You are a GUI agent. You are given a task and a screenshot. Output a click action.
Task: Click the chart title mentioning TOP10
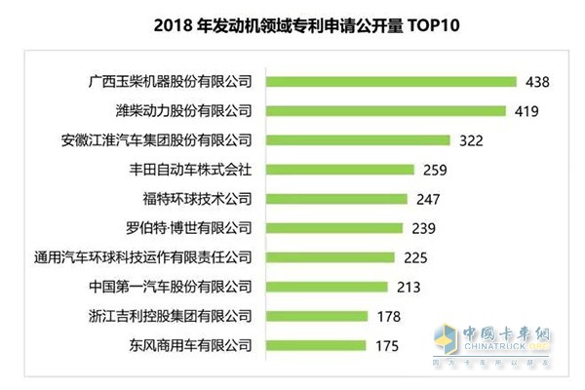pyautogui.click(x=292, y=23)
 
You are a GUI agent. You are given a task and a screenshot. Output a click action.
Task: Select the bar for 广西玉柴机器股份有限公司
pyautogui.click(x=390, y=81)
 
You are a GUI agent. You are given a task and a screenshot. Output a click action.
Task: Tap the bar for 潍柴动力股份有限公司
pyautogui.click(x=385, y=110)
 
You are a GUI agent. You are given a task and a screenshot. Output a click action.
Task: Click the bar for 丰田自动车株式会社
pyautogui.click(x=338, y=170)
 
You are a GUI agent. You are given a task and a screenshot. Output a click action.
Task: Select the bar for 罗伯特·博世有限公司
pyautogui.click(x=332, y=228)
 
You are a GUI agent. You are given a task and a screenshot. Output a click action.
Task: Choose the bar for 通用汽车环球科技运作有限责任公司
pyautogui.click(x=329, y=257)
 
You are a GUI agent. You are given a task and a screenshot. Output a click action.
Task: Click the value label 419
pyautogui.click(x=526, y=110)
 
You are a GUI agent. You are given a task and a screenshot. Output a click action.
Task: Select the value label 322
pyautogui.click(x=471, y=140)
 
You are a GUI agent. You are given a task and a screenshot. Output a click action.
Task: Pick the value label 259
pyautogui.click(x=435, y=170)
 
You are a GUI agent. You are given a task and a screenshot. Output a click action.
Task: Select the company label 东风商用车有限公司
pyautogui.click(x=190, y=345)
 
